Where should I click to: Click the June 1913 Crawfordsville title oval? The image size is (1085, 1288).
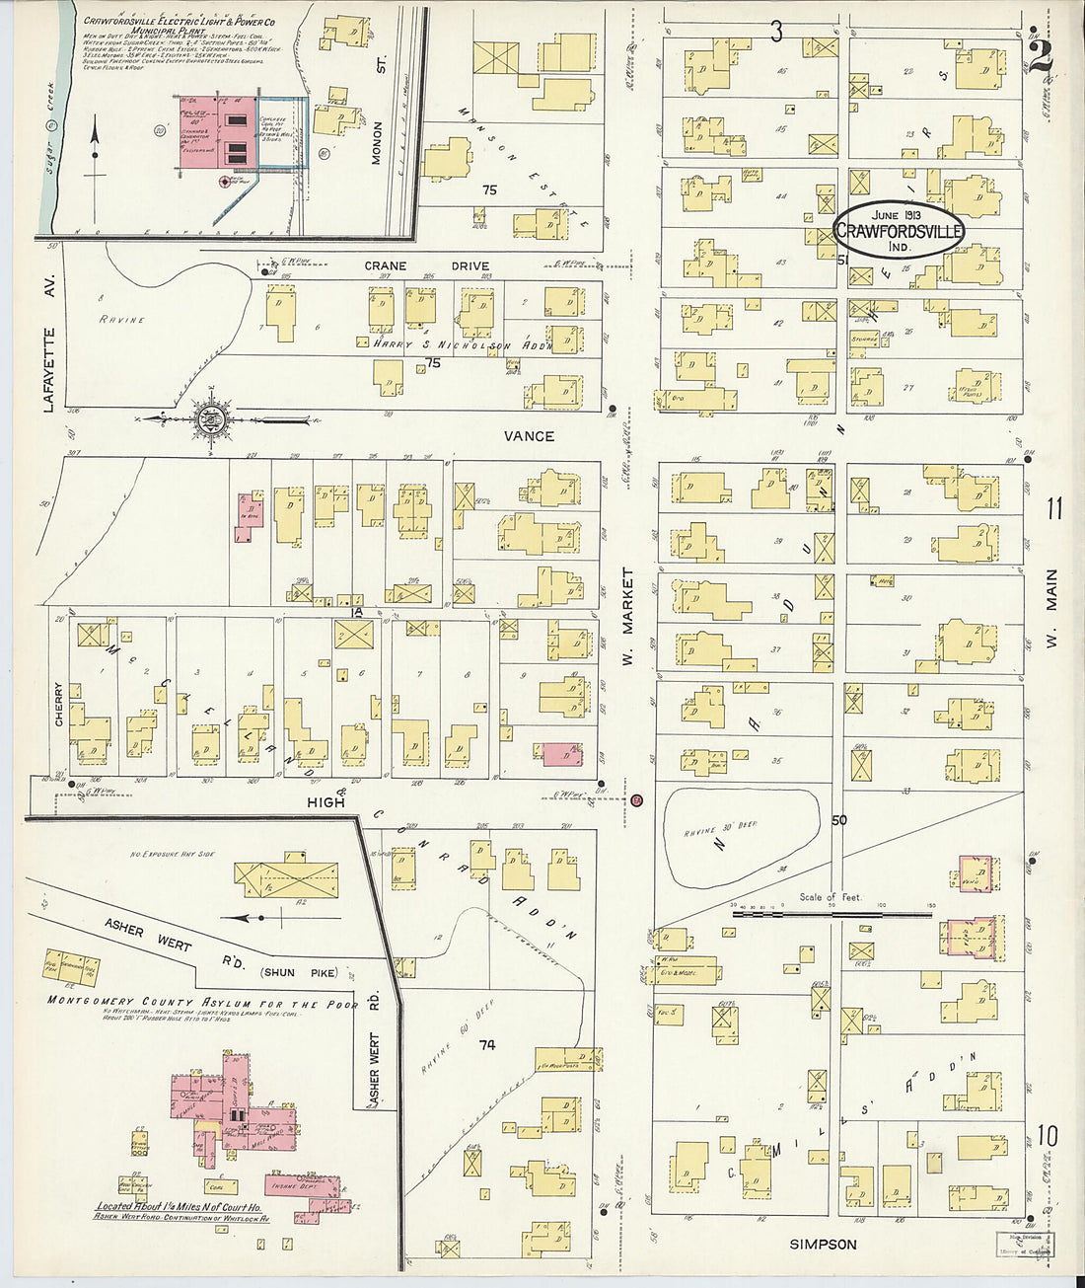[899, 231]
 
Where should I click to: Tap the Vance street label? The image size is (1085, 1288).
[529, 436]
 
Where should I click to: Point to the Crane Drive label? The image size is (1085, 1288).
[427, 265]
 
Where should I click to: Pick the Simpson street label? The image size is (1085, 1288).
[824, 1245]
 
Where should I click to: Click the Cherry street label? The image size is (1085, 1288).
[59, 706]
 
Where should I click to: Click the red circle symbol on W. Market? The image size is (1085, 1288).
[637, 800]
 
